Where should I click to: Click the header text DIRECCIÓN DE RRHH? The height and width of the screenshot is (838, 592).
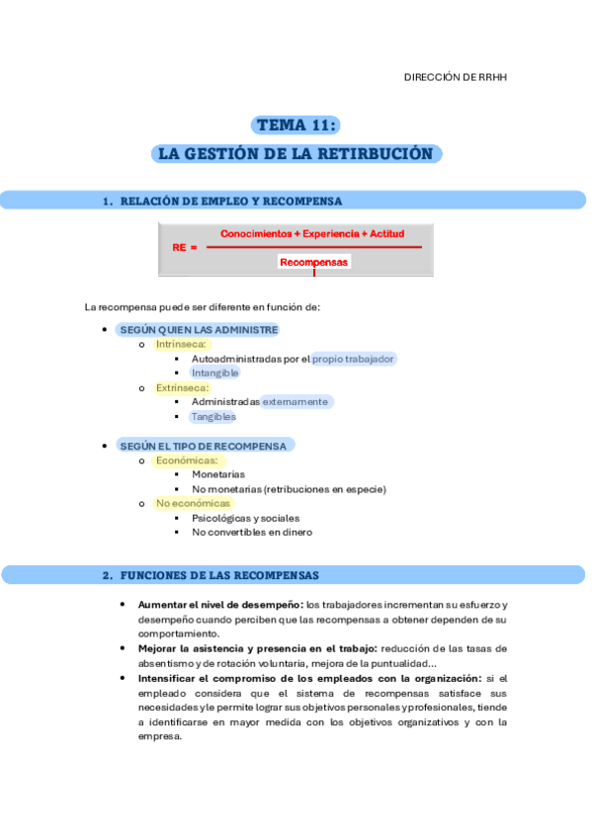coord(457,77)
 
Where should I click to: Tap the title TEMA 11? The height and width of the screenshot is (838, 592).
coord(296,125)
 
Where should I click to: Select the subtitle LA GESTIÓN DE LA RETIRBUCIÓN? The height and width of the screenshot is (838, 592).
coord(296,154)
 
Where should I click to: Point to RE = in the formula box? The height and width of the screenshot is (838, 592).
coord(185,248)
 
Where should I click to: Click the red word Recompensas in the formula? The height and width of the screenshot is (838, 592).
coord(314,262)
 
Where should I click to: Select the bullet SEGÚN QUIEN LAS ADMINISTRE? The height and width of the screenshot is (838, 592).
coord(199,330)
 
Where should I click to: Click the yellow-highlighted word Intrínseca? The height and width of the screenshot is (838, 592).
coord(181,345)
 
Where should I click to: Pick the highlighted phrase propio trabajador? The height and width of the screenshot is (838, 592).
coord(354,359)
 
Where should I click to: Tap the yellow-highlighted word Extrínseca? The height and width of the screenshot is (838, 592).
coord(183,388)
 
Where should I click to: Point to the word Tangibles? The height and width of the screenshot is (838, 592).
coord(214,417)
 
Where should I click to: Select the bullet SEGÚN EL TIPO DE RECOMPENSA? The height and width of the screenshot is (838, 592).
coord(203,446)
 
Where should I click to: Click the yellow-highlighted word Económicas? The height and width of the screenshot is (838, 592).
coord(186,461)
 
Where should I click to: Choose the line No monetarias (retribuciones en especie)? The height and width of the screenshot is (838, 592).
coord(289,489)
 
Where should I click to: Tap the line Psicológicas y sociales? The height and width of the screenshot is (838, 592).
coord(245,518)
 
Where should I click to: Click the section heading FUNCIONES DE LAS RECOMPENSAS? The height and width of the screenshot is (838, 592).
coord(219,575)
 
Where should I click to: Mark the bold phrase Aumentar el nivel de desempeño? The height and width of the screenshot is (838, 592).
coord(220,605)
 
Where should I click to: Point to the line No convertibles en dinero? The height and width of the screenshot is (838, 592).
coord(252,533)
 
